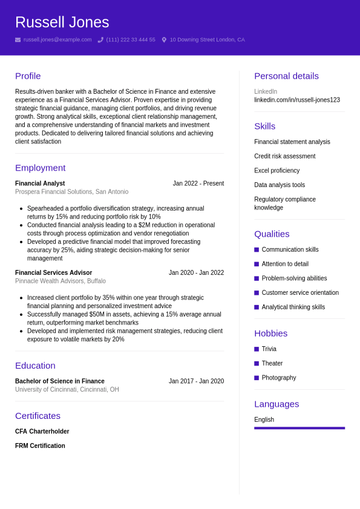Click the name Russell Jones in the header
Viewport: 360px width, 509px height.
(x=62, y=22)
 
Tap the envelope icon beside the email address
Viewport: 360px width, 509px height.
(x=18, y=40)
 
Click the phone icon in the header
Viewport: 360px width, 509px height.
(x=100, y=40)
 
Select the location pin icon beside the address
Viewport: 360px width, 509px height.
(x=164, y=40)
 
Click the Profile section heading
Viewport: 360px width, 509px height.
(x=28, y=76)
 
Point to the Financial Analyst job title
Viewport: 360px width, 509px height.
(x=40, y=183)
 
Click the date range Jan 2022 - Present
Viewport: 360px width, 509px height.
(x=198, y=183)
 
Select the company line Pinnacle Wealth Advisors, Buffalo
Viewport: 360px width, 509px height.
(x=61, y=281)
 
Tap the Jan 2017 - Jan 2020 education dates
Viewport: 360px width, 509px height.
(x=196, y=381)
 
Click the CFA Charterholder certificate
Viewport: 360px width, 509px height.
(x=42, y=432)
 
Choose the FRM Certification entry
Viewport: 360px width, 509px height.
(x=40, y=446)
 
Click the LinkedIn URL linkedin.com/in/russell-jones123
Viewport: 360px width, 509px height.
(x=297, y=100)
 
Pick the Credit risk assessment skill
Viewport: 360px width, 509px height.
(x=284, y=156)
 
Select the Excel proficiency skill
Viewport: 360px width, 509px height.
(x=277, y=171)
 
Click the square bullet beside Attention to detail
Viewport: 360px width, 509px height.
(x=257, y=264)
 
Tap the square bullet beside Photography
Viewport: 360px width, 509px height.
(x=257, y=378)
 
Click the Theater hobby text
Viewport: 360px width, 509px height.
(x=272, y=363)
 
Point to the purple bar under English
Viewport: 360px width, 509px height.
(x=299, y=428)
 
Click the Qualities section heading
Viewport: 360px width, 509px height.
(x=272, y=234)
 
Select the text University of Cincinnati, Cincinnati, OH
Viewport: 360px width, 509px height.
(x=67, y=390)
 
